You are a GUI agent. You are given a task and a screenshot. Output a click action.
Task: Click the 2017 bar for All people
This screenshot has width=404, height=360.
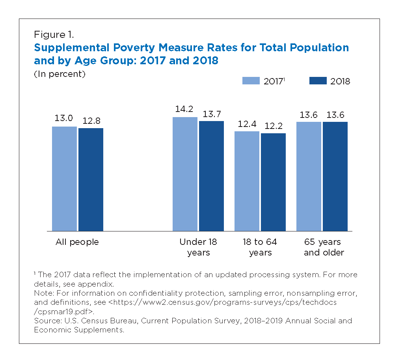64,179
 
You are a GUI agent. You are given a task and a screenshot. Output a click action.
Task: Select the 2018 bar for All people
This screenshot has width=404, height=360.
91,179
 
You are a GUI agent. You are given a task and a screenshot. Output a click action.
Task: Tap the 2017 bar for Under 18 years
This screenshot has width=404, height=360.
185,174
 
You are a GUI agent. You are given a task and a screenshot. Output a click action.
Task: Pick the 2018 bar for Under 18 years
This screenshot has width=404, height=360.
211,176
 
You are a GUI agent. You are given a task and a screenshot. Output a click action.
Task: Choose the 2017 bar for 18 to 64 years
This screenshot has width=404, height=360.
247,181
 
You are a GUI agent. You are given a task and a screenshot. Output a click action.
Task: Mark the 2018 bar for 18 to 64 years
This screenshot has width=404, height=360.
273,182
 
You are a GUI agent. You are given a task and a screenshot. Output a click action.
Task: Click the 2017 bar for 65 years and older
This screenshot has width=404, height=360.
309,176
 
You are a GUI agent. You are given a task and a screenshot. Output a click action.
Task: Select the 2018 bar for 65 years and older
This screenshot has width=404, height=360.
335,176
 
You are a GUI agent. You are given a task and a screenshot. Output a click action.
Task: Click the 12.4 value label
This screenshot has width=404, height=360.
247,124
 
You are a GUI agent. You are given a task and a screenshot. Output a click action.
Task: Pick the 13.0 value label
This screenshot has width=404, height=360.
64,119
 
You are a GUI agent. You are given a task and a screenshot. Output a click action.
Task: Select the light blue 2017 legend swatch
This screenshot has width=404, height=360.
251,80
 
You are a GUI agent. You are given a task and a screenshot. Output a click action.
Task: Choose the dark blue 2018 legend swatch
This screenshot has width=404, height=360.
318,80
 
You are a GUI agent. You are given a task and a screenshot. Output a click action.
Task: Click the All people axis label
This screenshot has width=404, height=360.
77,242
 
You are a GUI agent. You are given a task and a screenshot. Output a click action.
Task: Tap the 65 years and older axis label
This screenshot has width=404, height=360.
324,247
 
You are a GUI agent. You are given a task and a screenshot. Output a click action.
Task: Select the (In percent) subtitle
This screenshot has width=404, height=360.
60,74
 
